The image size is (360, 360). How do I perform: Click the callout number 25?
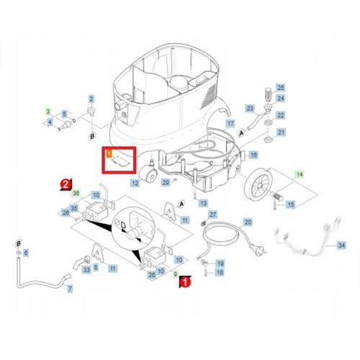(x=281, y=87)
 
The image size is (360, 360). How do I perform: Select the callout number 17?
(x=230, y=124)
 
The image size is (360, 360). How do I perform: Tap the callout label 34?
(x=342, y=246)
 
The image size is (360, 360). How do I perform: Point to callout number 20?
(x=248, y=223)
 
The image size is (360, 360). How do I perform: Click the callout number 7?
(x=70, y=288)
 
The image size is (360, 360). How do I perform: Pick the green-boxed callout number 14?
(x=300, y=174)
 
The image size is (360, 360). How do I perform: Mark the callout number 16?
(x=253, y=155)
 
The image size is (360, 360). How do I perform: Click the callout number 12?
(x=135, y=184)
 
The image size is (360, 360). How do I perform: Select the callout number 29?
(x=166, y=183)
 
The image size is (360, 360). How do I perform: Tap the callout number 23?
(x=250, y=108)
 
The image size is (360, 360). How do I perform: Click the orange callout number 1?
(x=109, y=153)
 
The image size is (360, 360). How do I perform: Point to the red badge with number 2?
(x=65, y=184)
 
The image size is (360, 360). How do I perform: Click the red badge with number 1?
(x=185, y=282)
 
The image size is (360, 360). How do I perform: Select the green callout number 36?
(x=77, y=194)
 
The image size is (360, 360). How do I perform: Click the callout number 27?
(x=212, y=215)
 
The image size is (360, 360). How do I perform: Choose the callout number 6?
(x=27, y=253)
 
